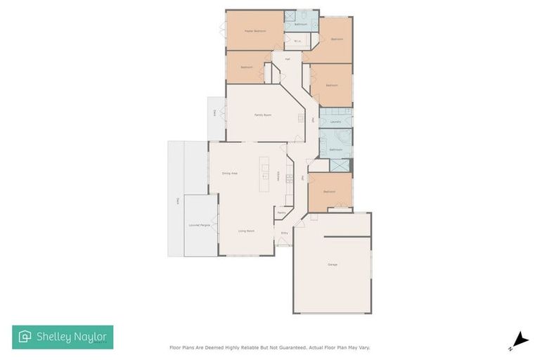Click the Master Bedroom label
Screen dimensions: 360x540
[254, 31]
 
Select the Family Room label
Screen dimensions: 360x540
[263, 115]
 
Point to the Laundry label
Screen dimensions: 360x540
[336, 122]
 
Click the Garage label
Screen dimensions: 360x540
[332, 264]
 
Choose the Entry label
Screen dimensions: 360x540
[284, 233]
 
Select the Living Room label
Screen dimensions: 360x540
[245, 231]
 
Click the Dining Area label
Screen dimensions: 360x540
[229, 173]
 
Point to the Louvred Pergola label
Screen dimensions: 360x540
[200, 225]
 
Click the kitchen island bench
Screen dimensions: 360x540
[265, 176]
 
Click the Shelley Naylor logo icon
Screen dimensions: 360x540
[25, 337]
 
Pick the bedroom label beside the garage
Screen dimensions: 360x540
[329, 192]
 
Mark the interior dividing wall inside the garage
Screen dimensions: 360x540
[347, 237]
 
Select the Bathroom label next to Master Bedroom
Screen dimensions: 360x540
[301, 25]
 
